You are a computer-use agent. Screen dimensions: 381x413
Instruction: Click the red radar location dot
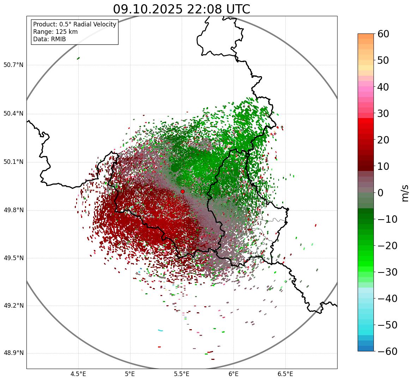(182, 191)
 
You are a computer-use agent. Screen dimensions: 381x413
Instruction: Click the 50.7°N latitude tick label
(13, 65)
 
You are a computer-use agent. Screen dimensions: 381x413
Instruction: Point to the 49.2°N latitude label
(13, 305)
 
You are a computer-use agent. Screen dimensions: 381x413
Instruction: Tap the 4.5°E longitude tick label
(78, 374)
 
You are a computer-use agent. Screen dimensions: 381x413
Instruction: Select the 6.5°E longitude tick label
(285, 374)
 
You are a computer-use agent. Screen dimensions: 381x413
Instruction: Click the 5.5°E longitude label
(182, 374)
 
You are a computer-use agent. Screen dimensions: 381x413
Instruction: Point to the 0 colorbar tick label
(381, 193)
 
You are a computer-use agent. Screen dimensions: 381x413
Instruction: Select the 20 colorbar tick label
(383, 140)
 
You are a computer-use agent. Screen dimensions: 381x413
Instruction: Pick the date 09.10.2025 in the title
(147, 9)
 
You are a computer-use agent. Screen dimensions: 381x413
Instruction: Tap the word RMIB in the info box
(58, 39)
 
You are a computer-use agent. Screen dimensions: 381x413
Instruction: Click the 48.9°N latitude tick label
(13, 353)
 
